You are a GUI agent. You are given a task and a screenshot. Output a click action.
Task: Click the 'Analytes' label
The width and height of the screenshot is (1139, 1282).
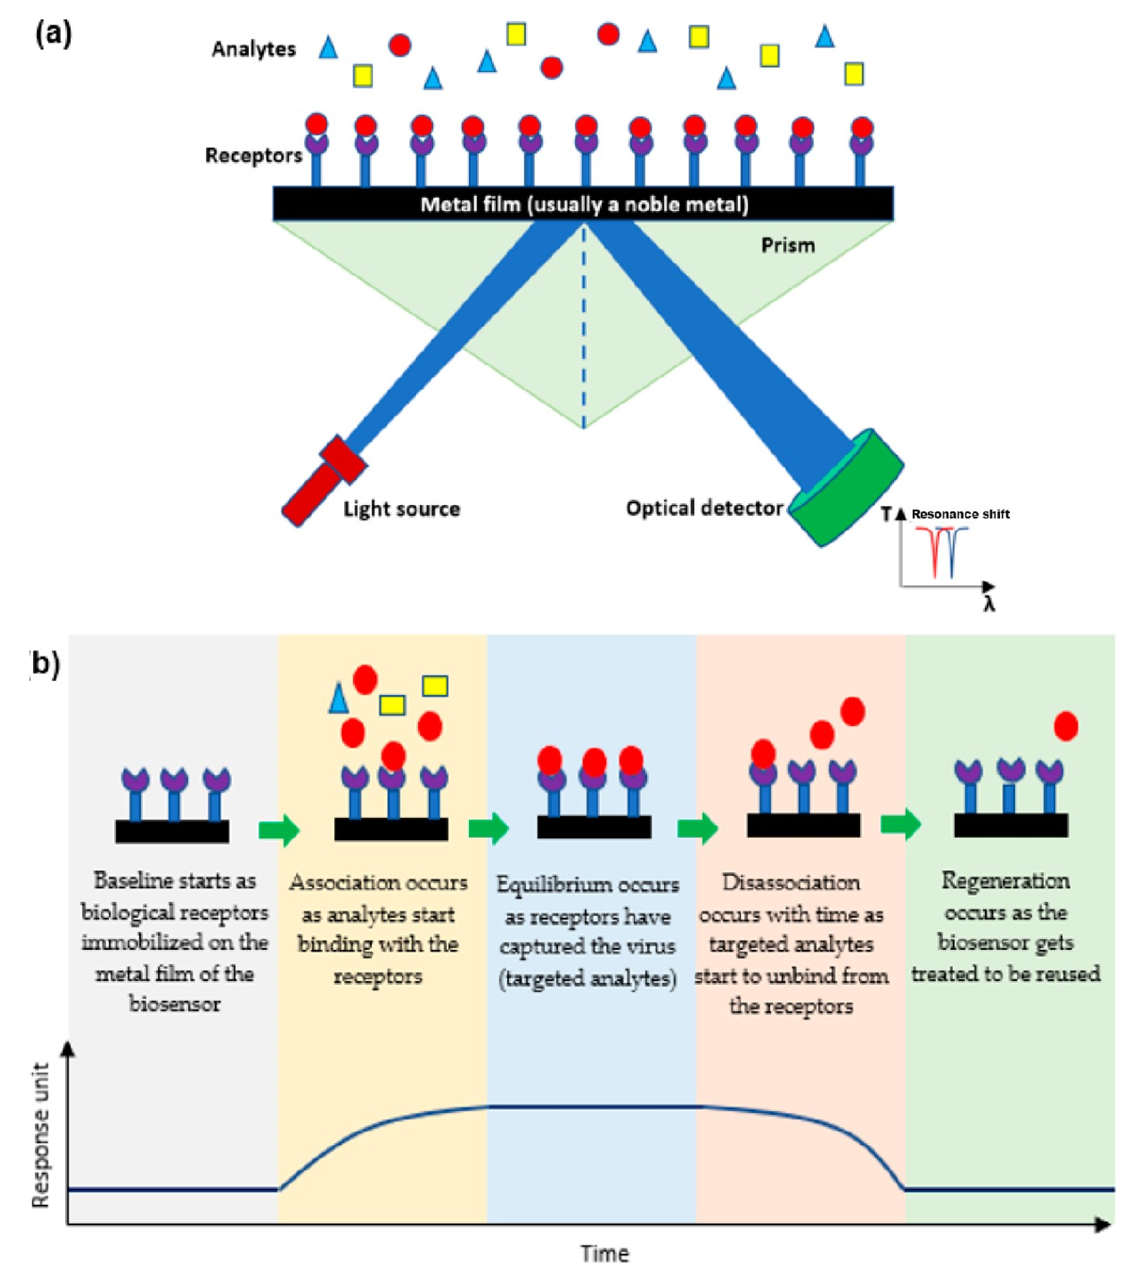coord(253,49)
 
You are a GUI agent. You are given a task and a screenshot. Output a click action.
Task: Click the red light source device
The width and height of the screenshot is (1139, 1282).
coord(324,481)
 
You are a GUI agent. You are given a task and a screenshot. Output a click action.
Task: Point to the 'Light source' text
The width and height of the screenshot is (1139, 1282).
coord(401,509)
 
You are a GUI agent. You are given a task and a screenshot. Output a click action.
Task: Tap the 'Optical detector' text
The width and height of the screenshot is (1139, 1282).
coord(704,508)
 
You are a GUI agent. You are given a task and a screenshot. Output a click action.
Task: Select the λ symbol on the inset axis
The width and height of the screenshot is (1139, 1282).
coord(989,604)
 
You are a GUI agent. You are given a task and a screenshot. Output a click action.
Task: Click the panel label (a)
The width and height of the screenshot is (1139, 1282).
coord(53,34)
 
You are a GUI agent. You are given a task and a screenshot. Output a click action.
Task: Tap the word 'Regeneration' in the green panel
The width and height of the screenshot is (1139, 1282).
coord(1005,881)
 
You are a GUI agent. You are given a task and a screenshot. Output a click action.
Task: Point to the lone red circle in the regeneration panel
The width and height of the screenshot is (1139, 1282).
coord(1066,726)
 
